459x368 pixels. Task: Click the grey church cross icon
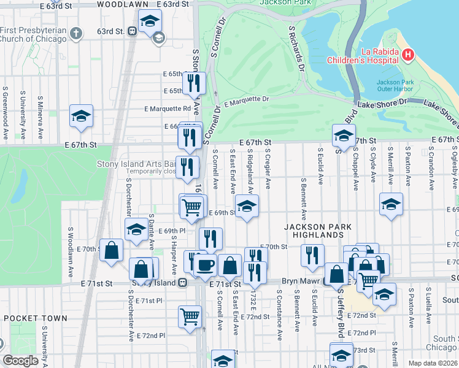pyautogui.click(x=75, y=33)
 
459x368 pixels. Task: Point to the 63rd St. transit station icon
pyautogui.click(x=133, y=31)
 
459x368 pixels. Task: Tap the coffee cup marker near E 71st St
pyautogui.click(x=205, y=265)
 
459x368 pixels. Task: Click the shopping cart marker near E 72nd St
pyautogui.click(x=190, y=316)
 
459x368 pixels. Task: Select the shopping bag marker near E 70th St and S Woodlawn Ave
pyautogui.click(x=112, y=250)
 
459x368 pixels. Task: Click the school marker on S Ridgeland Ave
pyautogui.click(x=247, y=206)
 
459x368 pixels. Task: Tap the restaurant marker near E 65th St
pyautogui.click(x=195, y=82)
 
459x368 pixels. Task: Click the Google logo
pyautogui.click(x=20, y=361)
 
